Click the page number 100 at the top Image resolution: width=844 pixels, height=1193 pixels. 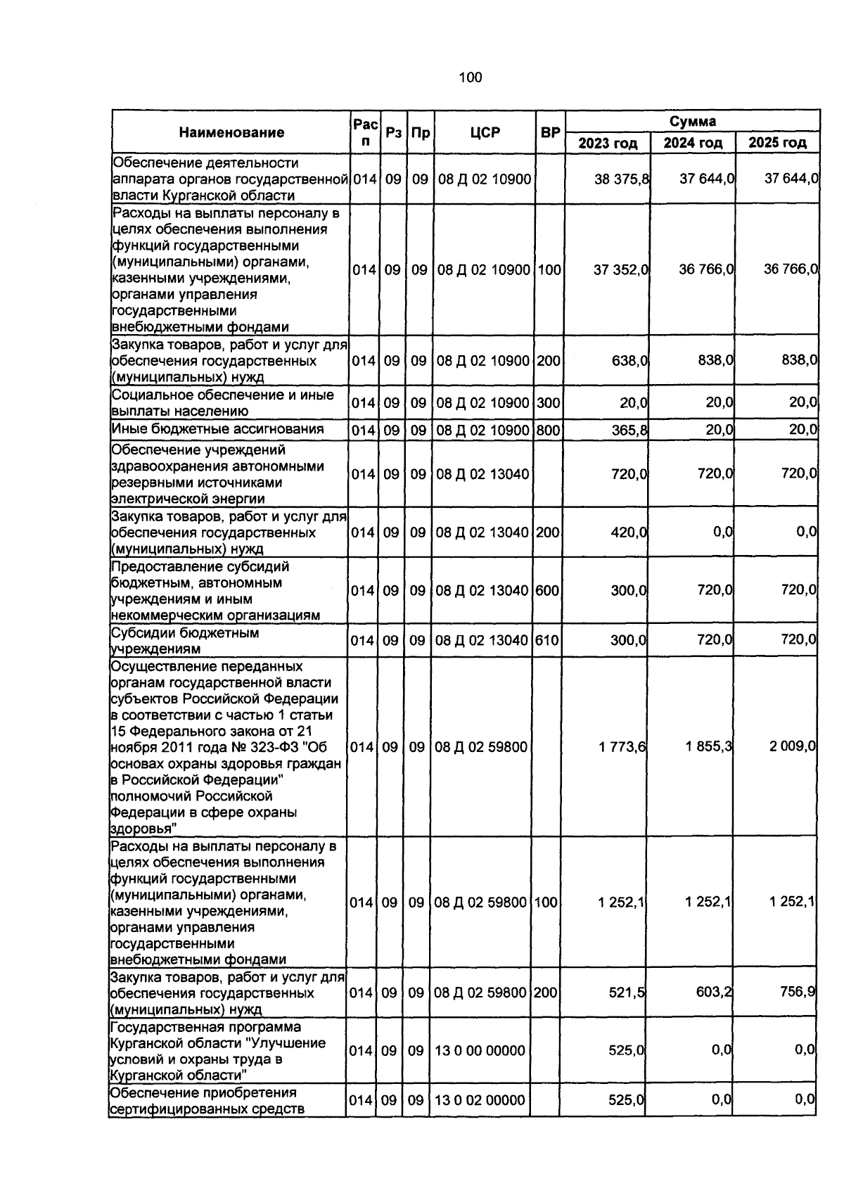[470, 77]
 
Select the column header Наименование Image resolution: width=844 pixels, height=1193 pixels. [231, 132]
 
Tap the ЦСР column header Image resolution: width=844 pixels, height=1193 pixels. [485, 132]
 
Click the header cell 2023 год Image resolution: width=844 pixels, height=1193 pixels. [608, 143]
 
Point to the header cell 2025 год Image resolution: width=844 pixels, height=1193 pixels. [777, 143]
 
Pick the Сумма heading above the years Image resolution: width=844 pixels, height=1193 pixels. [692, 121]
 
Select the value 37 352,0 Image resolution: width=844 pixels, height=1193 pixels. [620, 269]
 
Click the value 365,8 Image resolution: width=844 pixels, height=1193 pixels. [629, 430]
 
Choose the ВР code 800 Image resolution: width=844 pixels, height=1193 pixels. [549, 430]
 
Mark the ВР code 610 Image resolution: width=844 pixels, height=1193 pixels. [547, 640]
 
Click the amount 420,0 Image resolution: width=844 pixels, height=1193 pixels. [629, 532]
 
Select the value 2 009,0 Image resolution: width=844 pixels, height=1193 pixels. [792, 747]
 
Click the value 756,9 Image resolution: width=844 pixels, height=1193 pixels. [798, 993]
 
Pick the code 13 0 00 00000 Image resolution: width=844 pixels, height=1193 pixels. [480, 1051]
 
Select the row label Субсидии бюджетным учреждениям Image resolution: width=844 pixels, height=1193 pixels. [185, 640]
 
